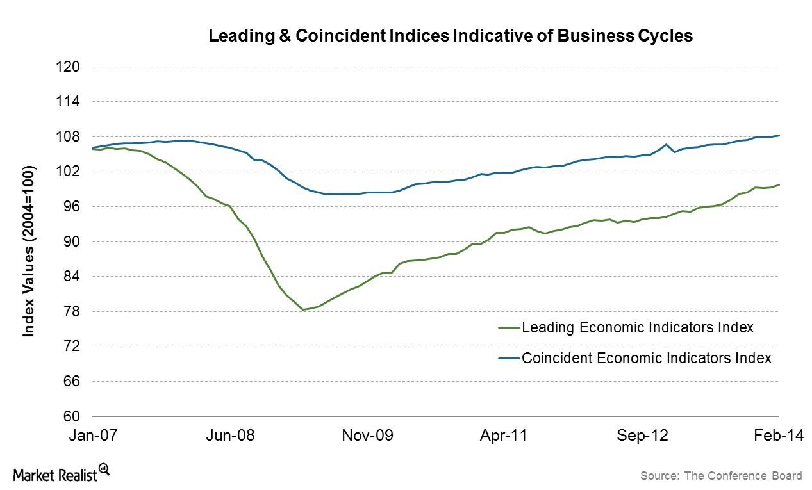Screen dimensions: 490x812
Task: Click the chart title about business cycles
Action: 451,36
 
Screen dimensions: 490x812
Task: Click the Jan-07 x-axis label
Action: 94,436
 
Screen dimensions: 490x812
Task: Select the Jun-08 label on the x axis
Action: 231,436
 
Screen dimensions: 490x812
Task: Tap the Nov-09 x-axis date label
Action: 368,436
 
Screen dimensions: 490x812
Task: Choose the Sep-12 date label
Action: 643,436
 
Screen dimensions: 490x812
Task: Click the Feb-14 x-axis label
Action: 777,436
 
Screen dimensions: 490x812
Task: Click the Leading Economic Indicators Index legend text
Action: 637,327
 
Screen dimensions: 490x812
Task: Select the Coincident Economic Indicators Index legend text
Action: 646,357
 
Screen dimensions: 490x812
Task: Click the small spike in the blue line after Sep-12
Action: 667,144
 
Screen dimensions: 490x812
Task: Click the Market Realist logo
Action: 62,473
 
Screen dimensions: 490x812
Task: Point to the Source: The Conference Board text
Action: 720,475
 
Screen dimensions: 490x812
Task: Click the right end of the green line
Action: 779,184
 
